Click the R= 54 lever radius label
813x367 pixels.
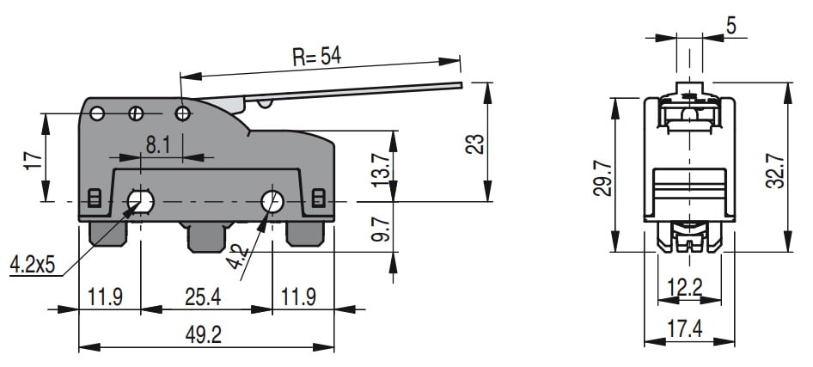(x=317, y=57)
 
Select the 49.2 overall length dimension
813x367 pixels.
(x=203, y=335)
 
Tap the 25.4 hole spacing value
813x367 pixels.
(x=203, y=297)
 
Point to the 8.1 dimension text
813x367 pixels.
(x=158, y=145)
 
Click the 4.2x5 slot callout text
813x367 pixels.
(x=32, y=265)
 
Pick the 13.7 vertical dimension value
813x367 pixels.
(x=381, y=170)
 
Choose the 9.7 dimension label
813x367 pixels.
(x=381, y=229)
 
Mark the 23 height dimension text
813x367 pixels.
(x=475, y=144)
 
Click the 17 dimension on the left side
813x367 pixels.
(x=32, y=162)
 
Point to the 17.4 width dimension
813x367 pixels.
(x=684, y=328)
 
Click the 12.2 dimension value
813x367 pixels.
(x=684, y=288)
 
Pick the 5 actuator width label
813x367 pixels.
(x=731, y=26)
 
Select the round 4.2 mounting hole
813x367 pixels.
(x=272, y=201)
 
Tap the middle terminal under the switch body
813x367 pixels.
(x=206, y=237)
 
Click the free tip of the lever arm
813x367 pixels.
(x=461, y=85)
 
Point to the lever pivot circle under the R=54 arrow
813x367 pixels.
(x=182, y=113)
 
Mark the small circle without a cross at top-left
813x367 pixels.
(x=97, y=113)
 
